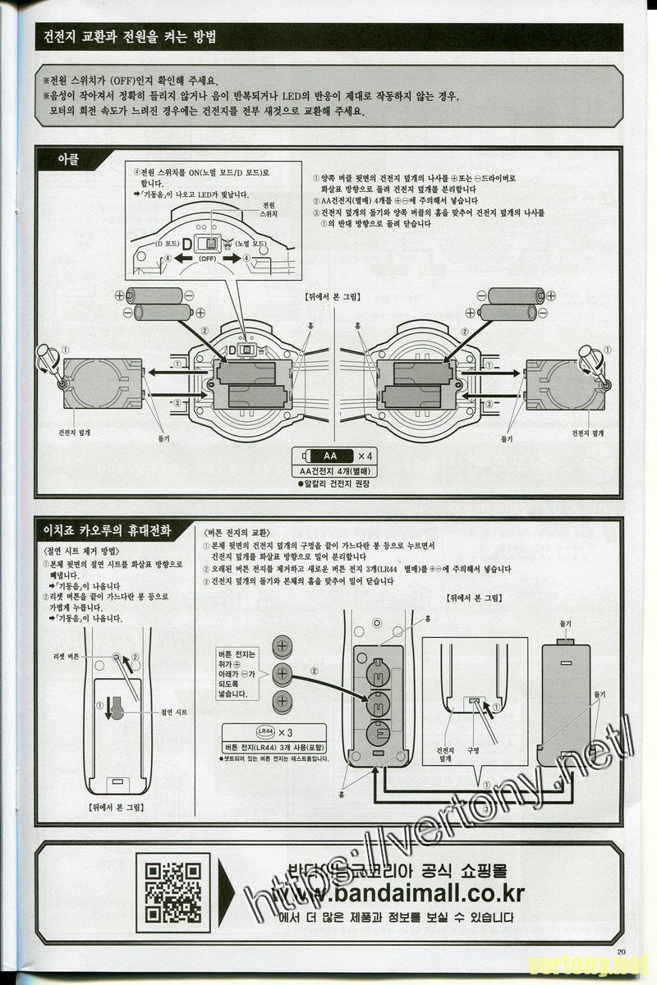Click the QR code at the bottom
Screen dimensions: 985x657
[172, 892]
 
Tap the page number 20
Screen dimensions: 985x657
[620, 952]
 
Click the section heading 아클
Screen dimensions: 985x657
[67, 158]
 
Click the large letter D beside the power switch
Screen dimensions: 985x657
[186, 245]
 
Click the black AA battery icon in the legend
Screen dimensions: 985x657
[327, 455]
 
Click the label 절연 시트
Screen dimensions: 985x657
[175, 712]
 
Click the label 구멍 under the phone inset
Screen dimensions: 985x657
[473, 749]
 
